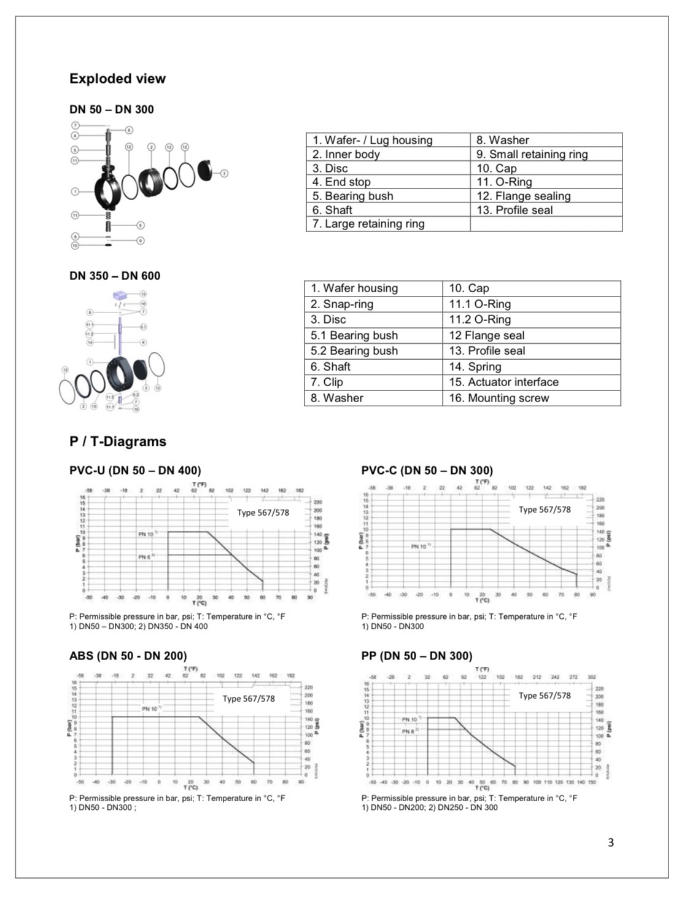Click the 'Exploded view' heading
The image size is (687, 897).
click(x=117, y=79)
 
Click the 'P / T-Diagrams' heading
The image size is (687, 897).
click(x=118, y=441)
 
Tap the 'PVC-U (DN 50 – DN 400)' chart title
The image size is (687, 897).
click(x=135, y=470)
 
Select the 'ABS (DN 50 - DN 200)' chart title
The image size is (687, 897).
click(x=128, y=656)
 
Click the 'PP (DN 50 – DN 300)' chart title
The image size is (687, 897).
click(x=417, y=656)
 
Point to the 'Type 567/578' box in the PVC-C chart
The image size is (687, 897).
click(x=545, y=510)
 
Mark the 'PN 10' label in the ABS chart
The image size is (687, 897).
click(x=151, y=709)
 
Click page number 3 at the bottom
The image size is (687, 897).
click(x=610, y=842)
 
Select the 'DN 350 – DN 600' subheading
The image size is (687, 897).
click(x=115, y=276)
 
